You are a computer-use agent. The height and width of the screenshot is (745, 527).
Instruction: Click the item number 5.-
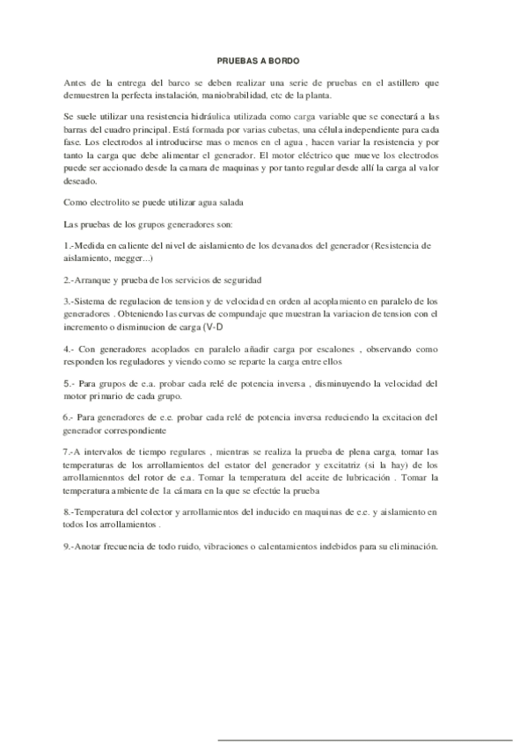[x=73, y=384]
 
